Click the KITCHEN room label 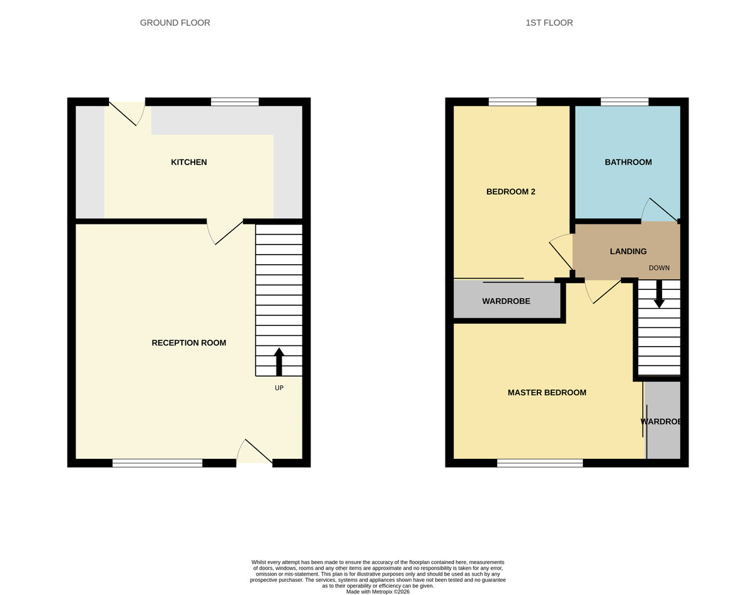(189, 162)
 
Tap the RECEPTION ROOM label (189, 343)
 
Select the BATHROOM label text (628, 162)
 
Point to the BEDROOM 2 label (511, 192)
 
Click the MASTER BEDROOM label (547, 393)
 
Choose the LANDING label (628, 251)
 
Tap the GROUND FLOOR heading (175, 23)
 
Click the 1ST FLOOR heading (549, 23)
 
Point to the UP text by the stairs (279, 388)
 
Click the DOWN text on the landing (659, 268)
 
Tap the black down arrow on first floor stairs (659, 294)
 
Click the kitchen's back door (127, 112)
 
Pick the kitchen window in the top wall (235, 101)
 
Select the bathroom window (624, 101)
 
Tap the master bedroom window (540, 463)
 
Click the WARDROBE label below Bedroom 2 (506, 301)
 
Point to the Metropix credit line (378, 592)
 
